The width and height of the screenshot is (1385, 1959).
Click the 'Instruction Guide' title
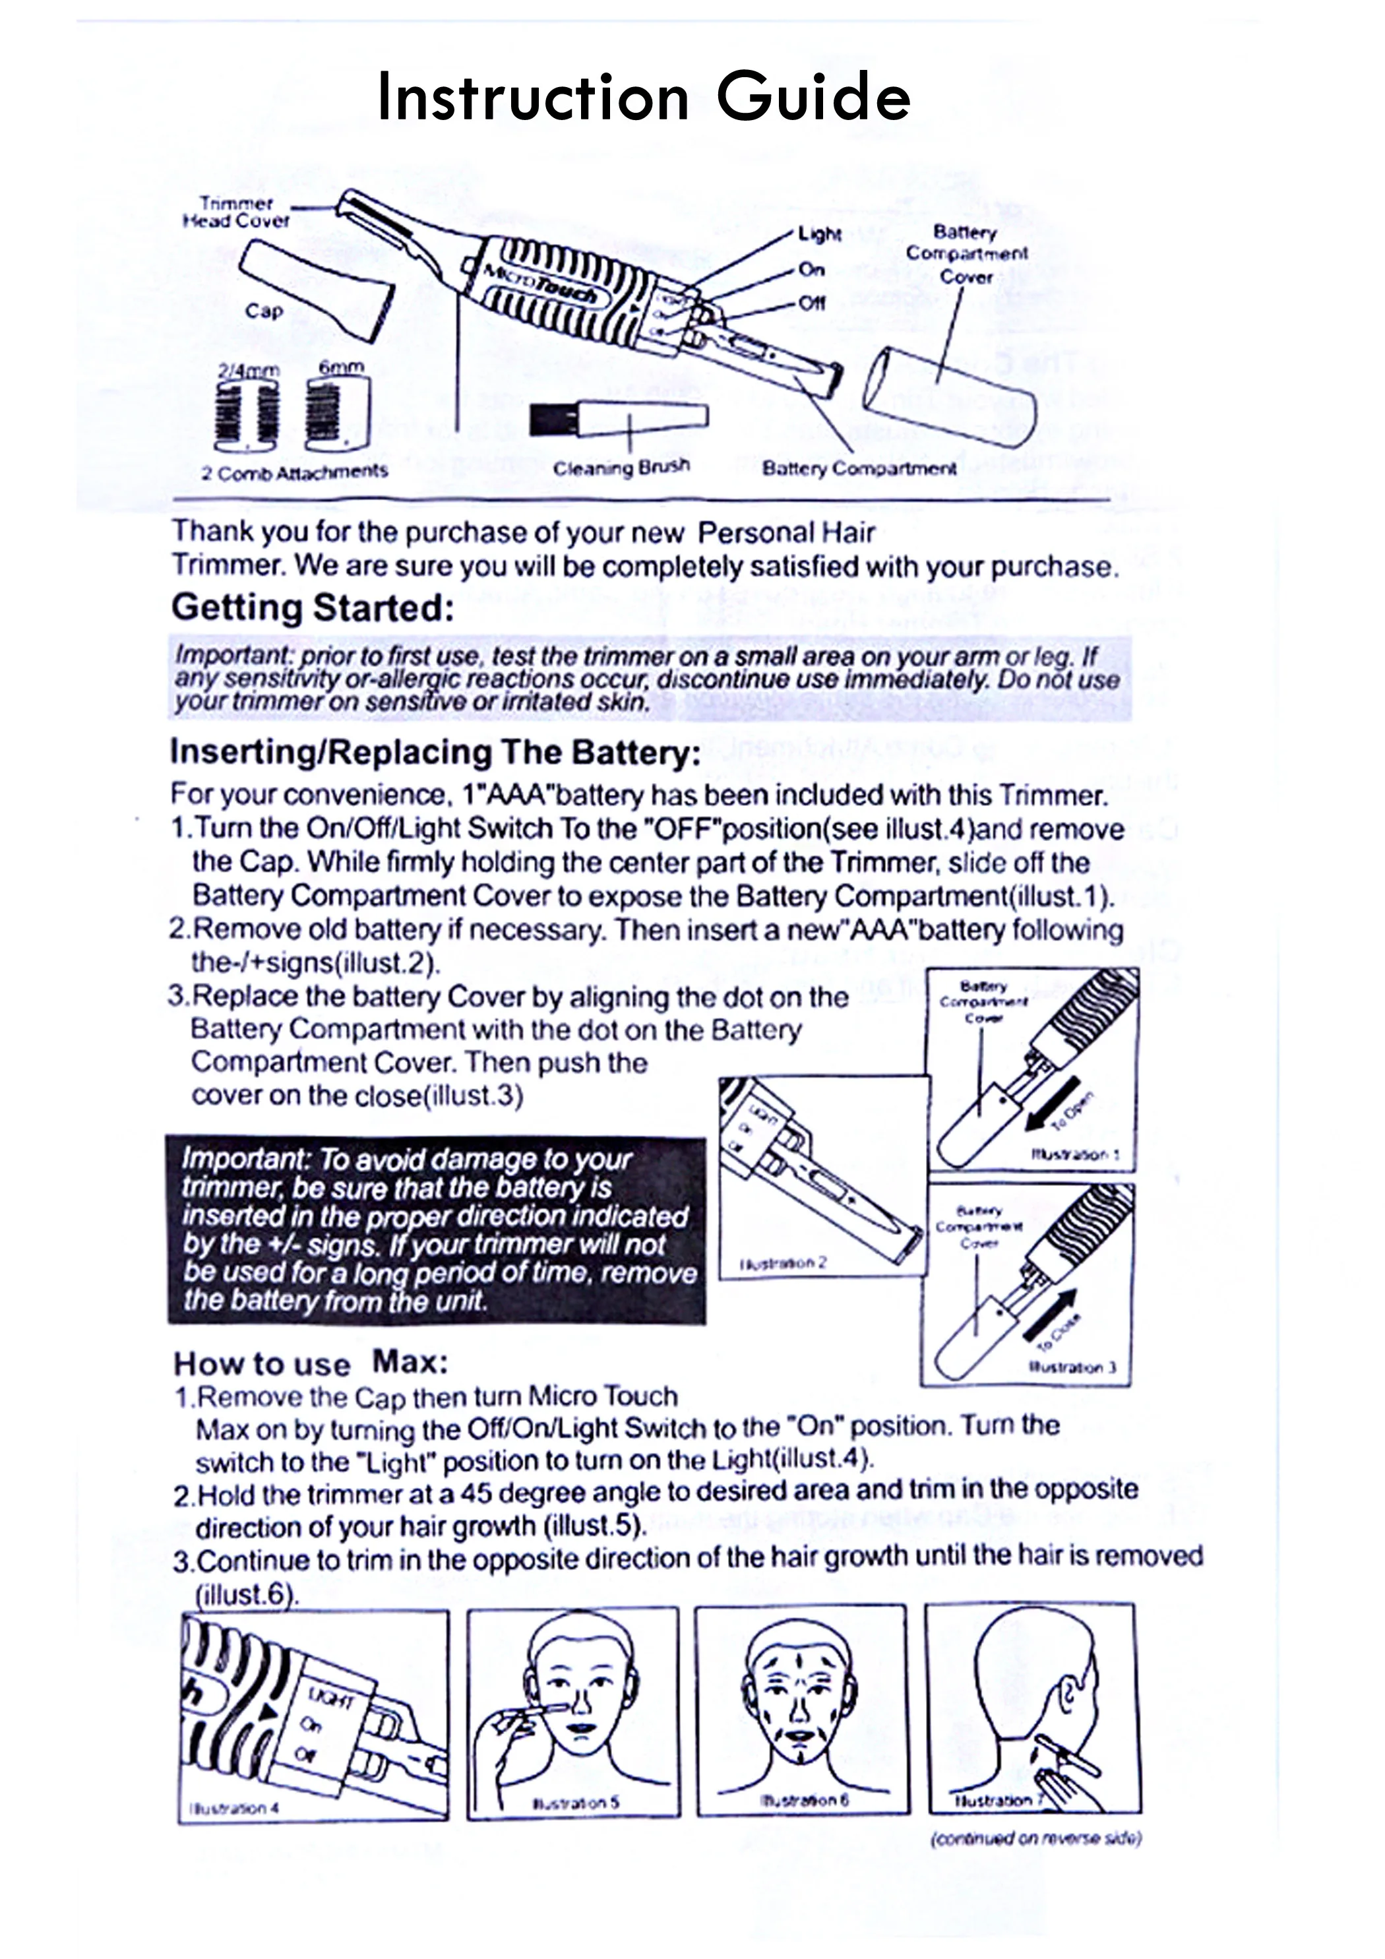click(644, 96)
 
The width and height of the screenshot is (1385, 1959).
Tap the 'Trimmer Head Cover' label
click(236, 212)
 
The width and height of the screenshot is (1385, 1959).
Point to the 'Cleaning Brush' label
click(621, 468)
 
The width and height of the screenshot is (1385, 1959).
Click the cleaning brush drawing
click(618, 418)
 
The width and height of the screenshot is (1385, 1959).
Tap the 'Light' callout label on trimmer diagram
click(819, 235)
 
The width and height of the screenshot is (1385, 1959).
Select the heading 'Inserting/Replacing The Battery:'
click(435, 753)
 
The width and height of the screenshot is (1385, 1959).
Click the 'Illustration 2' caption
click(784, 1262)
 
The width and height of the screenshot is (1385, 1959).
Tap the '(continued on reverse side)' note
click(1035, 1838)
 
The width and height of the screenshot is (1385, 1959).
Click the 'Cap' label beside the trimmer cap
click(264, 311)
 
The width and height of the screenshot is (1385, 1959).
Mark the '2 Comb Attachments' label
click(294, 472)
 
